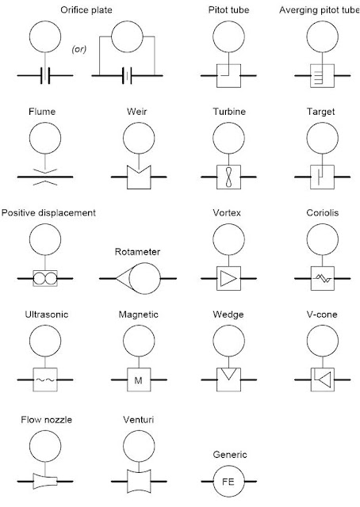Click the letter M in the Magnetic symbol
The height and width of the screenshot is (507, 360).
pyautogui.click(x=138, y=380)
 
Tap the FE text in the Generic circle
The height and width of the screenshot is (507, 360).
pyautogui.click(x=228, y=482)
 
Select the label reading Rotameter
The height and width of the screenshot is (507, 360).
pyautogui.click(x=137, y=252)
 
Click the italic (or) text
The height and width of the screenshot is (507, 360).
pyautogui.click(x=79, y=49)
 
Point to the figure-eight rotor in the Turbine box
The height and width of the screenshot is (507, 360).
pyautogui.click(x=228, y=177)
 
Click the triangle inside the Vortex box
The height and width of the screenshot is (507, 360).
pyautogui.click(x=228, y=278)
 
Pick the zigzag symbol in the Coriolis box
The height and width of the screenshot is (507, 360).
pyautogui.click(x=323, y=278)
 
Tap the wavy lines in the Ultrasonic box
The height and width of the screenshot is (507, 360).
pyautogui.click(x=45, y=380)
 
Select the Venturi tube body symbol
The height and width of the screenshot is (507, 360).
pyautogui.click(x=139, y=481)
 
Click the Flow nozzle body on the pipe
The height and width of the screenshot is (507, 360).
pyautogui.click(x=45, y=481)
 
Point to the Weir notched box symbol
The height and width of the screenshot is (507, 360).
pyautogui.click(x=139, y=177)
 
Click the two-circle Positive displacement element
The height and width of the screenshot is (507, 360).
pyautogui.click(x=45, y=278)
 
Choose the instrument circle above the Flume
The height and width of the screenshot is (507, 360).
pyautogui.click(x=45, y=138)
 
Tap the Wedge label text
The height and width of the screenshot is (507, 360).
pyautogui.click(x=228, y=314)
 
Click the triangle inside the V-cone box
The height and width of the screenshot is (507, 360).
pyautogui.click(x=324, y=379)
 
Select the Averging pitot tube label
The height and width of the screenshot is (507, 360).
pyautogui.click(x=320, y=10)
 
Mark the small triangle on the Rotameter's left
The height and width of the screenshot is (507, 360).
pyautogui.click(x=123, y=278)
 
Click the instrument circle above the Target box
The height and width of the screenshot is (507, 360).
pyautogui.click(x=323, y=138)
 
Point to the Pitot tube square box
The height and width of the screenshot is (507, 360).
pyautogui.click(x=228, y=76)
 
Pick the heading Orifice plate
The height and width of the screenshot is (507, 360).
pyautogui.click(x=86, y=10)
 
